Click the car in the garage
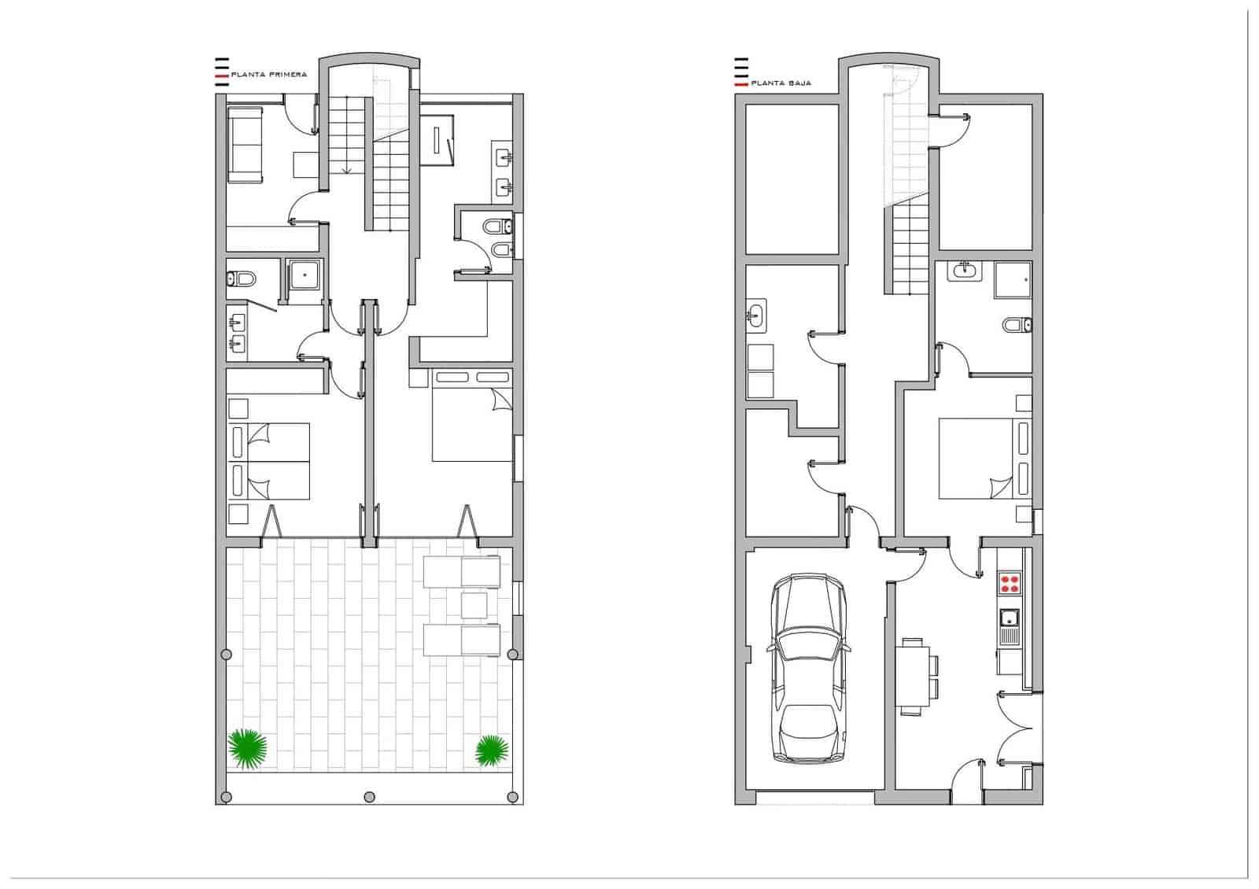(810, 669)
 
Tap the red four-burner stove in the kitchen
(1010, 584)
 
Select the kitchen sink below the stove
(1009, 626)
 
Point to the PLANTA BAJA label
(781, 83)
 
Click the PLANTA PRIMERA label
(268, 75)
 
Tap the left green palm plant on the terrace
(247, 748)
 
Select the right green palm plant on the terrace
(492, 750)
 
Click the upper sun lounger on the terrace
(462, 572)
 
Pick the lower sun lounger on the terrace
(462, 640)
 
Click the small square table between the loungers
(474, 606)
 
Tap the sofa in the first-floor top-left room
(246, 146)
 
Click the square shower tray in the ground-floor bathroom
(1012, 281)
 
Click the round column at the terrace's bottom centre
(369, 797)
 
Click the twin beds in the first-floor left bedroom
(270, 461)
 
